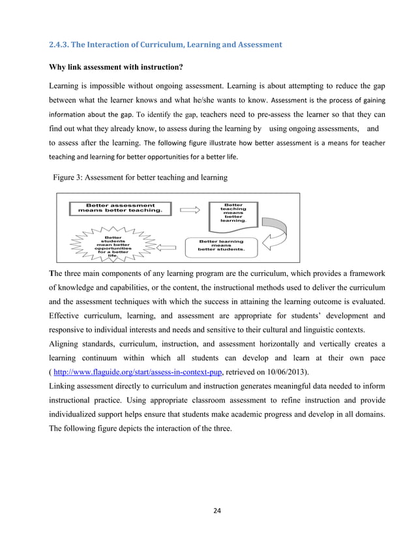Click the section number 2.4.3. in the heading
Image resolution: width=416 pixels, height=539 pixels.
61,45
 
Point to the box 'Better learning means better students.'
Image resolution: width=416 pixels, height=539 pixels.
222,245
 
